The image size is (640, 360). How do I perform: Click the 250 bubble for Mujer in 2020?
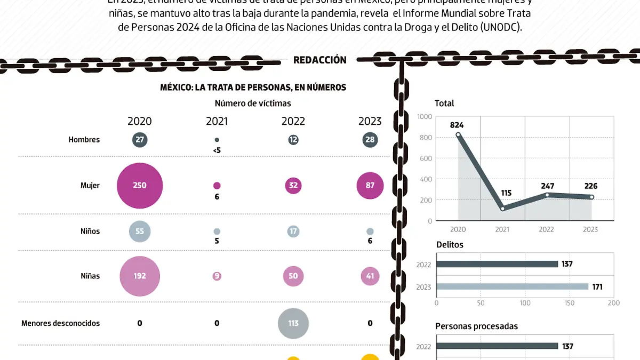140,186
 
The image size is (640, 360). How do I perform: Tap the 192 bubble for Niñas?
140,276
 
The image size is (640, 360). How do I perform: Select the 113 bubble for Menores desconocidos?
293,323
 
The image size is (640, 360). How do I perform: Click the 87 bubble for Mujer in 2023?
370,186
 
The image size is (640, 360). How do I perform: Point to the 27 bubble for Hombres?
140,140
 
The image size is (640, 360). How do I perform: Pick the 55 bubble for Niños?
140,231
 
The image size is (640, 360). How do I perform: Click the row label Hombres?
84,140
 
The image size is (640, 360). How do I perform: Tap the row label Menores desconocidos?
60,323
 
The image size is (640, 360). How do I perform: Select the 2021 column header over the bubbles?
217,121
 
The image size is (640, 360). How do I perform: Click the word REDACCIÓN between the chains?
320,60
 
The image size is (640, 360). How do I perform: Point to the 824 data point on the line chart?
458,135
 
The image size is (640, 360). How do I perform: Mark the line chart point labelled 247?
547,195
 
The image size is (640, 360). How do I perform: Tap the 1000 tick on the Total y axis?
425,117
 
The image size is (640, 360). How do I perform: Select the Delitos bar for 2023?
512,286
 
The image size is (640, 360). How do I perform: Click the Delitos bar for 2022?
497,264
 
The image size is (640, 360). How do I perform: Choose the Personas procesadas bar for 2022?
497,346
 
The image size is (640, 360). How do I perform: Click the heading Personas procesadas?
476,326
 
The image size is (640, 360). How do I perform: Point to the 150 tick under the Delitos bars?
569,303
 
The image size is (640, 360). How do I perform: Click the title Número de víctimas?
253,103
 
